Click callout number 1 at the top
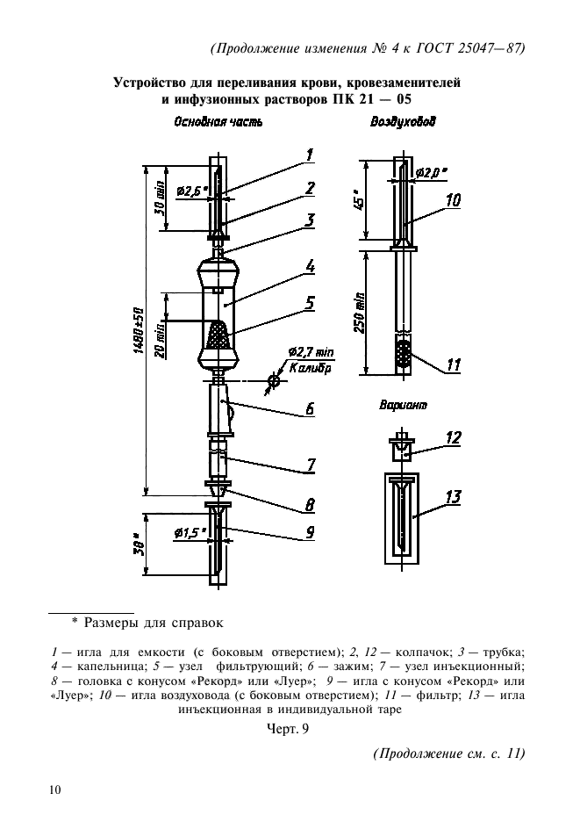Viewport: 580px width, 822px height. [310, 155]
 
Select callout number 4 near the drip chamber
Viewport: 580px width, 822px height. [310, 263]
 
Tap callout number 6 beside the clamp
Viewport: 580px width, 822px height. [310, 408]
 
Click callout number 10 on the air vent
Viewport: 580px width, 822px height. [453, 201]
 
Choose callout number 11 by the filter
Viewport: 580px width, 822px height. [453, 364]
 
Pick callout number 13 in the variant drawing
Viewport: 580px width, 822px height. [453, 498]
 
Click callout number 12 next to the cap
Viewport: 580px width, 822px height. [453, 436]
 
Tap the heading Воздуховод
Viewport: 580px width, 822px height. [404, 124]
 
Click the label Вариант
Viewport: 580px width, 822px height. [404, 407]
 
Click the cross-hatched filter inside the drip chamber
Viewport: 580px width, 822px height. [218, 335]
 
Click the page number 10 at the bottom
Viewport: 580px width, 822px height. [55, 791]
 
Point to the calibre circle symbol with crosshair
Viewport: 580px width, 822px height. [274, 381]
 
